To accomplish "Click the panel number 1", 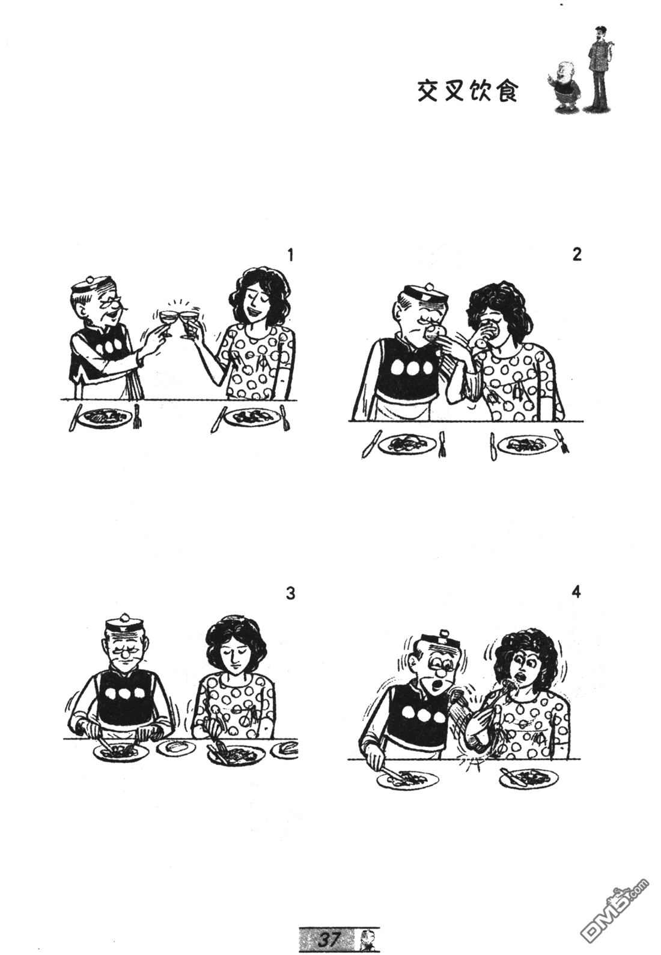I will pos(291,256).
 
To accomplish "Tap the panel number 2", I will pos(577,255).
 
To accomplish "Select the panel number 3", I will pos(291,594).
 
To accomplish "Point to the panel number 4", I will pos(576,592).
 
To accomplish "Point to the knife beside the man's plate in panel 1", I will pos(74,417).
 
